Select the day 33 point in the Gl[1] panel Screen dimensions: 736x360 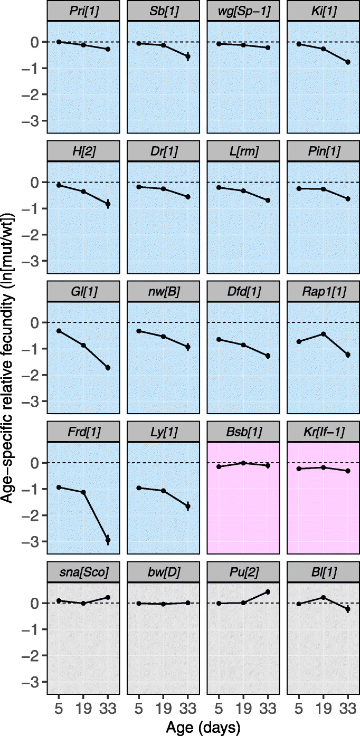click(x=108, y=367)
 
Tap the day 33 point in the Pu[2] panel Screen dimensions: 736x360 click(x=268, y=592)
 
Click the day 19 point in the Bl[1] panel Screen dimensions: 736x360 click(x=323, y=597)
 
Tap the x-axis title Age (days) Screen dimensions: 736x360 click(x=203, y=728)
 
